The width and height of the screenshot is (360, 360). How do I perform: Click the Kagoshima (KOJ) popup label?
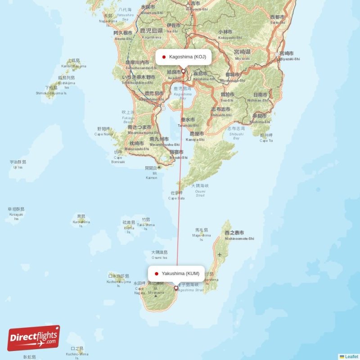pyautogui.click(x=184, y=57)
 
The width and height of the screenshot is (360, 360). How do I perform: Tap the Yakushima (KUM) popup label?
pyautogui.click(x=176, y=273)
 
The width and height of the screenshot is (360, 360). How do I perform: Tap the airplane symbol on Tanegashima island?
pyautogui.click(x=220, y=255)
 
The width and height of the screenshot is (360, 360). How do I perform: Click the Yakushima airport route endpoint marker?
pyautogui.click(x=176, y=288)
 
